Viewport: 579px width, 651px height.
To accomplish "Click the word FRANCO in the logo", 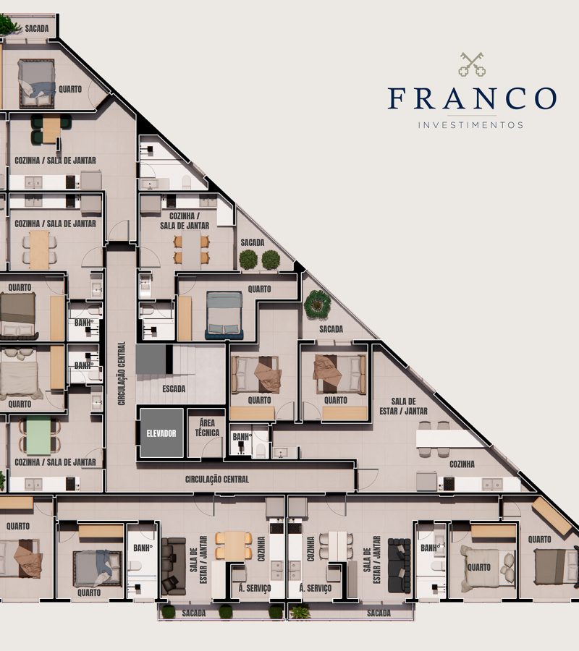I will click(x=472, y=98).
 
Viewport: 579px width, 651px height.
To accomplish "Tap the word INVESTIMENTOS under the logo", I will click(x=471, y=124).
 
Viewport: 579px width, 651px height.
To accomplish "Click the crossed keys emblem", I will click(x=472, y=64).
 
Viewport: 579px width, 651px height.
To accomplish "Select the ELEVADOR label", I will click(x=161, y=433).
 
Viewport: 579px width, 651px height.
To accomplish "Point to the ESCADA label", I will click(x=174, y=388).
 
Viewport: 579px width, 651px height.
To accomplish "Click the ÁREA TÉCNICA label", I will click(x=206, y=428).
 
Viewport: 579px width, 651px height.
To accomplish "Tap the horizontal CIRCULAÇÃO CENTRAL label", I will click(x=217, y=479).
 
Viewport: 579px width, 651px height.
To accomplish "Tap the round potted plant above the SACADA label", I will click(x=317, y=304).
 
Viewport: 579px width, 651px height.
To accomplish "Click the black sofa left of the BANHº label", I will click(x=399, y=565).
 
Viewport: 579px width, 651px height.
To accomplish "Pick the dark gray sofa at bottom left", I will click(x=174, y=565).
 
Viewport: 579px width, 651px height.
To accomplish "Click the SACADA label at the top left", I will click(x=36, y=28).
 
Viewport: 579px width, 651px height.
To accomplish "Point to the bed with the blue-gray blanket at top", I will click(x=36, y=81).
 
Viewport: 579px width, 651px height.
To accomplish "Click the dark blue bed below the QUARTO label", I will click(x=224, y=314).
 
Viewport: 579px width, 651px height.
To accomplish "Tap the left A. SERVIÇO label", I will click(x=255, y=588).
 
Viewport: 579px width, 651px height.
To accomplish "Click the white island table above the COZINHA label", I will click(x=449, y=438).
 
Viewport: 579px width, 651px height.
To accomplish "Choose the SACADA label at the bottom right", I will click(x=379, y=613).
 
